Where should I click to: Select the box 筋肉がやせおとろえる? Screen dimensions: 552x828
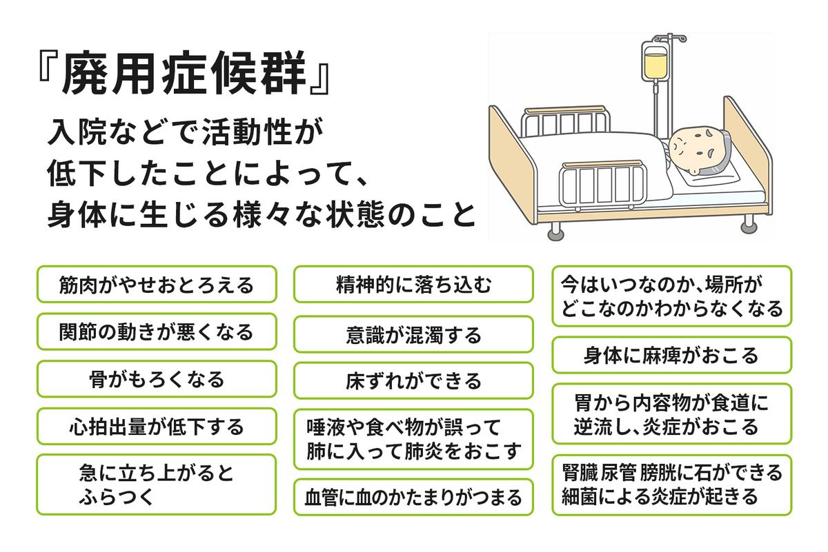(x=157, y=285)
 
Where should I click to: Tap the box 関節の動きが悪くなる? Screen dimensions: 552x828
(x=157, y=331)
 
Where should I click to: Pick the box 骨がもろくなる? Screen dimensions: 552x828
(x=157, y=379)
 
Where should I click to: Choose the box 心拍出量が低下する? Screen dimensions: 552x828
(x=157, y=426)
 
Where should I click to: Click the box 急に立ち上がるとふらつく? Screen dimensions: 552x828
(x=157, y=484)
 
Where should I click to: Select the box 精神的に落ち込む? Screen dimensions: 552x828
(x=413, y=285)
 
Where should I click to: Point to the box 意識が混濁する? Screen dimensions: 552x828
(x=413, y=335)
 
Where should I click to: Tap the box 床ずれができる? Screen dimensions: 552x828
(x=413, y=380)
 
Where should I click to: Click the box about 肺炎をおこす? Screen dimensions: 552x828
(x=413, y=439)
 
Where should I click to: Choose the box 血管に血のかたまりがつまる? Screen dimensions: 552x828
(x=413, y=497)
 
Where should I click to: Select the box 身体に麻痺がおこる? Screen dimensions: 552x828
(x=671, y=355)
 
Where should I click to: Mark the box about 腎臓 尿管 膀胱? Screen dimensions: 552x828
(x=671, y=484)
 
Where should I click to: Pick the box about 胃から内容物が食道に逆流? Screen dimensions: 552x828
(x=671, y=413)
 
